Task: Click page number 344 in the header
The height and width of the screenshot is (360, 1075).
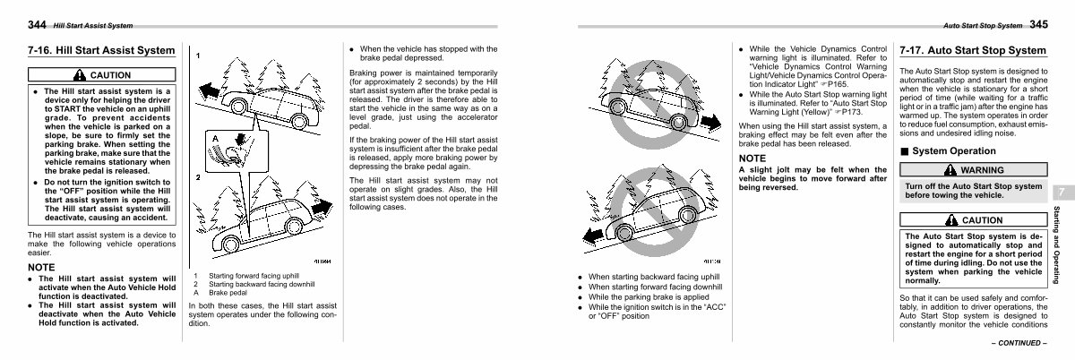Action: click(x=37, y=24)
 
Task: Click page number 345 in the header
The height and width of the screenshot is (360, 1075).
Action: click(x=1038, y=24)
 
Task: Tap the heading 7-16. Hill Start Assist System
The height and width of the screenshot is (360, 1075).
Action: click(x=101, y=50)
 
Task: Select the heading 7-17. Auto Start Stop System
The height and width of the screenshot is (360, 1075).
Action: click(x=973, y=50)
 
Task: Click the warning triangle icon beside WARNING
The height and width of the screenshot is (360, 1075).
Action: click(x=950, y=169)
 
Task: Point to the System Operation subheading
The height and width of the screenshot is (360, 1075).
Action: click(x=953, y=150)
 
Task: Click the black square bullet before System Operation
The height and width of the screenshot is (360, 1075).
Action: click(x=905, y=151)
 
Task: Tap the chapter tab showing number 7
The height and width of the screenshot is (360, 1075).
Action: click(x=1062, y=193)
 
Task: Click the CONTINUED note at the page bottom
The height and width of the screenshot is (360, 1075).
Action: click(x=1019, y=343)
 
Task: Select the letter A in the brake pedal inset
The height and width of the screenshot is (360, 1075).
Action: click(x=215, y=139)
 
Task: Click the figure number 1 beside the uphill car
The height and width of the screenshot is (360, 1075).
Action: click(x=198, y=56)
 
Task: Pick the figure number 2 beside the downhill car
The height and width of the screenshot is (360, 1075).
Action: click(x=198, y=177)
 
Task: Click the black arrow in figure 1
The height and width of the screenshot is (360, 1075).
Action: click(x=209, y=90)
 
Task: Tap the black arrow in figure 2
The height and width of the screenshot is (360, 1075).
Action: click(x=322, y=208)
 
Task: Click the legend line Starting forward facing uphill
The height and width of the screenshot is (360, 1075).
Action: click(x=254, y=276)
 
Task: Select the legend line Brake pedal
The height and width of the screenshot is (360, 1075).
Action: click(x=228, y=293)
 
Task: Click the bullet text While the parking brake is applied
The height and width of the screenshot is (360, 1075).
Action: click(x=649, y=297)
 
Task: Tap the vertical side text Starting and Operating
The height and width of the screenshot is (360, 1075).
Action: click(x=1056, y=244)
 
